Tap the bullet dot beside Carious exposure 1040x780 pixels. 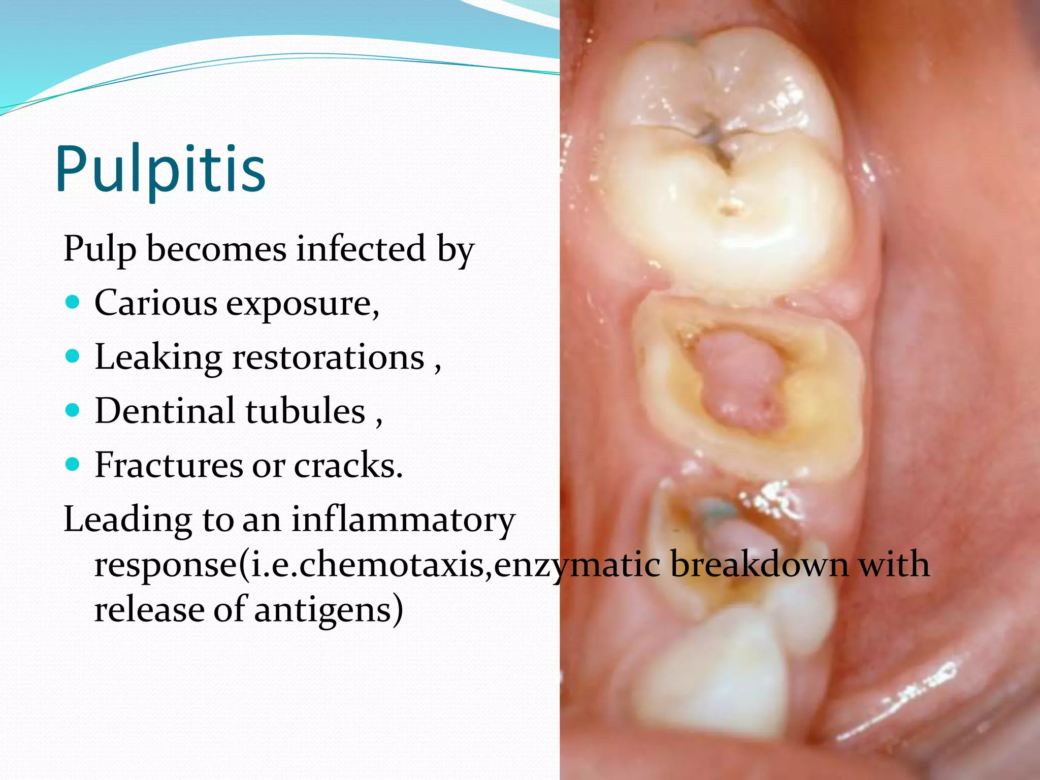(73, 303)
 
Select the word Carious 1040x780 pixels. (155, 303)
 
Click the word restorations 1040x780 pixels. (328, 357)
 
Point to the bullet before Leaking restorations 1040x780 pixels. (73, 356)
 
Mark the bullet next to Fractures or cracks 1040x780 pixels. (73, 464)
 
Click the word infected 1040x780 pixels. (361, 249)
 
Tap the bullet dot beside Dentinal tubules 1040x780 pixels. (73, 410)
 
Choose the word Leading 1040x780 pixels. (127, 520)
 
